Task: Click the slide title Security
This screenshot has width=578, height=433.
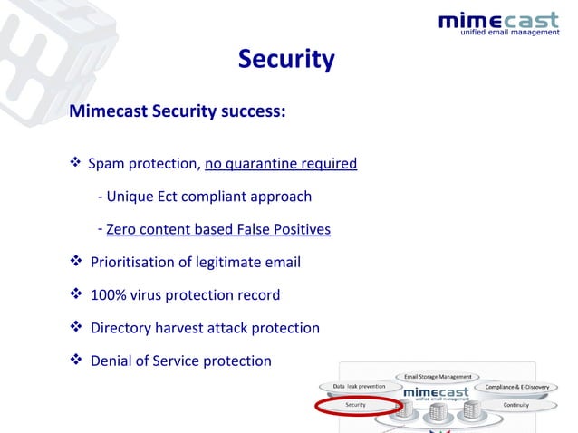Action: click(286, 60)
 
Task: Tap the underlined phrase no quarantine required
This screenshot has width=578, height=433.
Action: click(281, 164)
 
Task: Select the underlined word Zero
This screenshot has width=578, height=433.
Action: click(123, 230)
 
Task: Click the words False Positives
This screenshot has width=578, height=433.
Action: click(284, 230)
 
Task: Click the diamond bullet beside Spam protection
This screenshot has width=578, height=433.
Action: click(76, 164)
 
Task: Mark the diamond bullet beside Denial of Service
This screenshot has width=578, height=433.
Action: click(76, 361)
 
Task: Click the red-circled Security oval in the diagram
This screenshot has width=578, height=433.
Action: click(356, 405)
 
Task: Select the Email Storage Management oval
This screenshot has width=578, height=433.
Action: click(438, 376)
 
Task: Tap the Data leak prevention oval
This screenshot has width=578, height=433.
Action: click(360, 387)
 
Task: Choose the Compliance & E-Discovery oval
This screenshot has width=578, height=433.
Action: click(517, 387)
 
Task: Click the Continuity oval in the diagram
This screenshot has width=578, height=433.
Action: click(515, 405)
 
